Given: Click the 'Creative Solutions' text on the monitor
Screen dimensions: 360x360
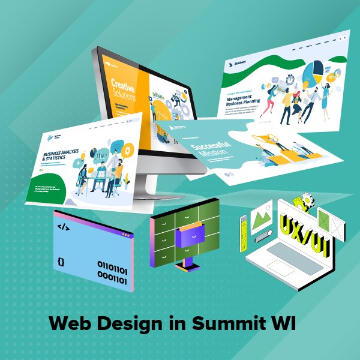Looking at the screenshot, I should pyautogui.click(x=124, y=88).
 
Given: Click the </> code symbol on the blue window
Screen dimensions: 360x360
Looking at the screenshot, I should pyautogui.click(x=62, y=227).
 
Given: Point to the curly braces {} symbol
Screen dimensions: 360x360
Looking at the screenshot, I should pyautogui.click(x=61, y=262).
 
